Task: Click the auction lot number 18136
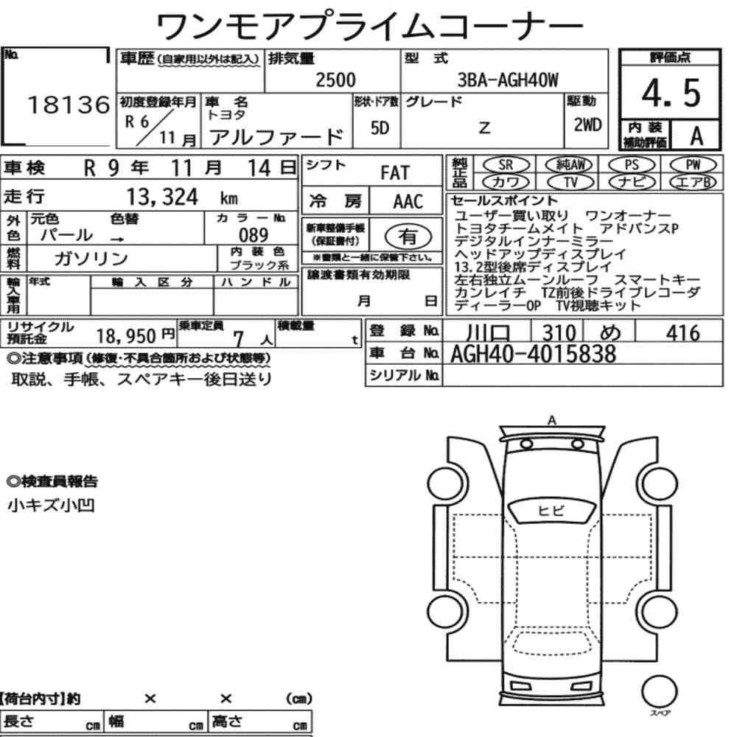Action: [69, 105]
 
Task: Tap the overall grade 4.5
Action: [671, 93]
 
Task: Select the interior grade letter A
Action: [696, 136]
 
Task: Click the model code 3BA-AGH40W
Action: [508, 80]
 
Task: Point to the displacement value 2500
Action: [335, 80]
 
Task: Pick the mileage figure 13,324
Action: [163, 197]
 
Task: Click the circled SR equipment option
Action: [506, 164]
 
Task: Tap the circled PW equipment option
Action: [693, 164]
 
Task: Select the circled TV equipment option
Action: [570, 182]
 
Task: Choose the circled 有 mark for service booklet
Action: [408, 237]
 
